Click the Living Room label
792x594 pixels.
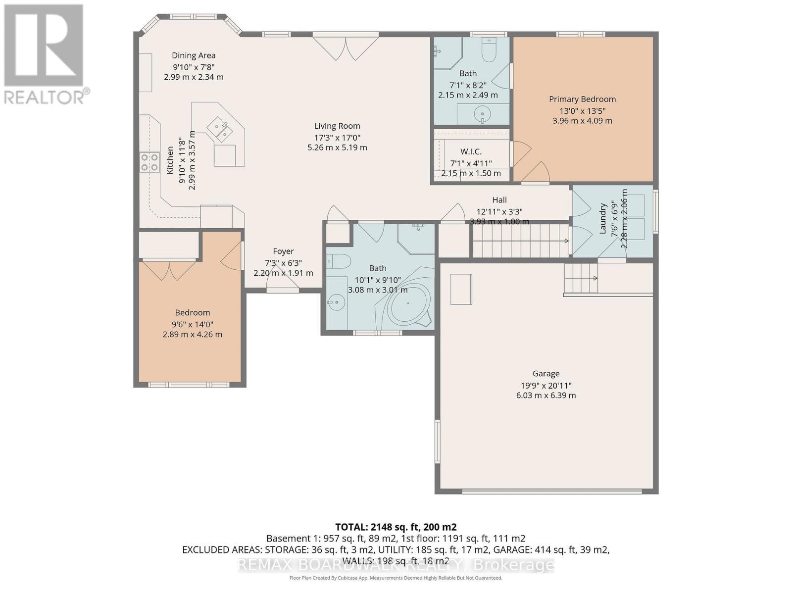coord(337,126)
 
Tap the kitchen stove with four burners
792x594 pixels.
coord(149,162)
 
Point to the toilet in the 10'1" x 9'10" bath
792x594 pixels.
coord(338,261)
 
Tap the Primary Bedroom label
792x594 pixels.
coord(582,99)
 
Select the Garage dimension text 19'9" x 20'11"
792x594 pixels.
coord(545,385)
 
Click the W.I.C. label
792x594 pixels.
coord(471,151)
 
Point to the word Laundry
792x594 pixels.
coord(603,218)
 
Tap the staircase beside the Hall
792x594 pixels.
coord(520,241)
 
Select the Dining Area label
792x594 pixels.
coord(194,55)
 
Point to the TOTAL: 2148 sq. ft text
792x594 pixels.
coord(396,527)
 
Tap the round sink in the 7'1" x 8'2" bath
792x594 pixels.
coord(482,114)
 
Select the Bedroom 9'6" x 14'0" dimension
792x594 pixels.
coord(192,324)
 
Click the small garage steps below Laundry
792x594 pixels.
coord(581,278)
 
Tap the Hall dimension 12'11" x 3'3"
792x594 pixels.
coord(499,211)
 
